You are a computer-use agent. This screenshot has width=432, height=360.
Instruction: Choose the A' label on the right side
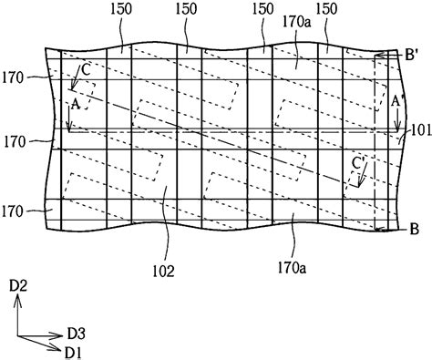coord(398,102)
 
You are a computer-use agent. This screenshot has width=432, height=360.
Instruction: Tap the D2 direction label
coord(17,287)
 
